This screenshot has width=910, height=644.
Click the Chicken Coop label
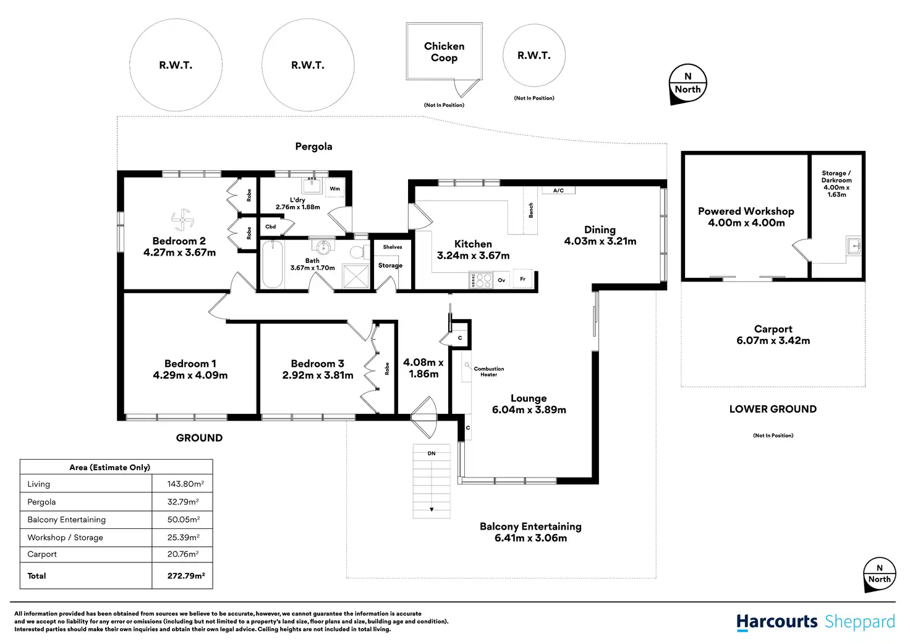(444, 52)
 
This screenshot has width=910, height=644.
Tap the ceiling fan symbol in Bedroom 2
(182, 220)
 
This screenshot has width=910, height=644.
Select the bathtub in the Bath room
(273, 265)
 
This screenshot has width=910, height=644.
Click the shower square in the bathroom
(356, 276)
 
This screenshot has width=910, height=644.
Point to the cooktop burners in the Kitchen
(480, 280)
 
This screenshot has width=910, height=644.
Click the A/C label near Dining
(558, 191)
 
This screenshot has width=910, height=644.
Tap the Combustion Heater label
(488, 371)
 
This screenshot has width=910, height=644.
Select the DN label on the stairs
(432, 453)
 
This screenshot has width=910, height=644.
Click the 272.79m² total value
(186, 575)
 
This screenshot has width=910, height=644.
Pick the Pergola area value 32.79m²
(183, 502)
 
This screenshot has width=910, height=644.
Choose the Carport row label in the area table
(42, 554)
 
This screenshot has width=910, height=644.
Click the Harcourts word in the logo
(776, 622)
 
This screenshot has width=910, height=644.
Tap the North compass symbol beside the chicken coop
(687, 84)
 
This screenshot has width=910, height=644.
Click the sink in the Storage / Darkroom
(854, 246)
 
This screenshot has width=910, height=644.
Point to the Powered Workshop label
(746, 211)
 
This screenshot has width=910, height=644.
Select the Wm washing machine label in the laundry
(334, 189)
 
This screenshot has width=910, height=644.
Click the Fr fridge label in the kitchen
(522, 279)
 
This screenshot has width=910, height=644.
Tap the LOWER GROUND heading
(773, 409)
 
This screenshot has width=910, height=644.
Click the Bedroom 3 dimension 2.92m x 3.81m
(318, 375)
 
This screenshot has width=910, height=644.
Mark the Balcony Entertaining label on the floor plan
(530, 526)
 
